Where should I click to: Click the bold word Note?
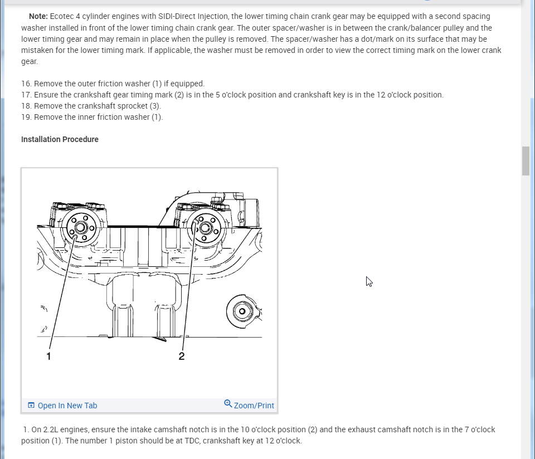38,16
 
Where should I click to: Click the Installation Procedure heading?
60,139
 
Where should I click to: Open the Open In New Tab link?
67,406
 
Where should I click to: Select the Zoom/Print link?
254,406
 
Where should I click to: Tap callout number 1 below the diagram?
49,356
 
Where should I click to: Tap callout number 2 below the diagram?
182,356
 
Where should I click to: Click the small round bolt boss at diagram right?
244,311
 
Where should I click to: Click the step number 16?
26,84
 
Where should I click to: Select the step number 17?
26,95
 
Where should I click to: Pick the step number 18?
26,106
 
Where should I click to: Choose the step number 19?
26,117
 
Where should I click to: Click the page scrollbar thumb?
526,161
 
